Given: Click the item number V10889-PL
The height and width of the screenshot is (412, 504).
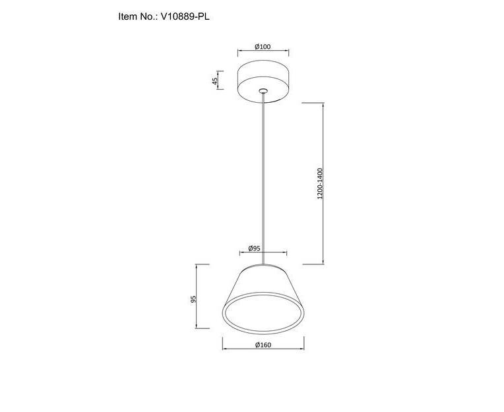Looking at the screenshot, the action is click(185, 16).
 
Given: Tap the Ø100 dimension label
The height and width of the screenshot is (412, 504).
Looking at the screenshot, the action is click(263, 47).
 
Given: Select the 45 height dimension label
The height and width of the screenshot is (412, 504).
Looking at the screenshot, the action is click(214, 80).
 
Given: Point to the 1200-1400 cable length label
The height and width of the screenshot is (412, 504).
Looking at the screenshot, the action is click(319, 183).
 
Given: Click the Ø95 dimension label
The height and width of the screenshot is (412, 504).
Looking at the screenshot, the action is click(254, 249).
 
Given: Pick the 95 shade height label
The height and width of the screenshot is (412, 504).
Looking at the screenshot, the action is click(193, 299).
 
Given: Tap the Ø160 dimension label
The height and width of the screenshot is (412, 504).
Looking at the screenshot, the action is click(263, 345).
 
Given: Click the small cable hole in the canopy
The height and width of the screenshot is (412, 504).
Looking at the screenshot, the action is click(263, 90).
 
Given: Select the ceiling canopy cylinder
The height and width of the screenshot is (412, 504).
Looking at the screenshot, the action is click(263, 82).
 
